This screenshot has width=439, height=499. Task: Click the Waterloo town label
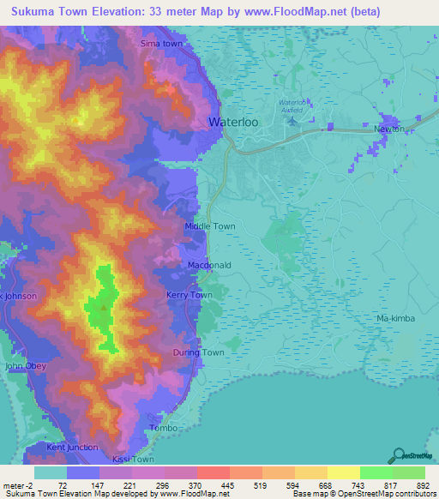point(234,123)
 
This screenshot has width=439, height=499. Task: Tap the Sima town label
point(162,43)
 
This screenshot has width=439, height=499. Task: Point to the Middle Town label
point(210,226)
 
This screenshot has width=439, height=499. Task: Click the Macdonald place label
point(209,266)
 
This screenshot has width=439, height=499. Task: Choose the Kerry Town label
point(189,295)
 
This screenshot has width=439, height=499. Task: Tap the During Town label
point(198,352)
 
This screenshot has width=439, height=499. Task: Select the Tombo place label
point(163,428)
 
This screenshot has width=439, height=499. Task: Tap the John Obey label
point(26,366)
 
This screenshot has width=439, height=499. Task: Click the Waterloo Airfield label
point(292,105)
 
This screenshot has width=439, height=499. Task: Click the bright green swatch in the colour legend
point(376,472)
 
